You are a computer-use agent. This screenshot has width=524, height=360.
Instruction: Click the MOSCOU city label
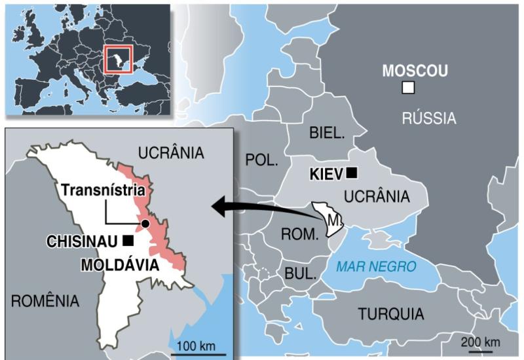coord(415,71)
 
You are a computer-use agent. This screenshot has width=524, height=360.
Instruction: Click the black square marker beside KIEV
coord(352,173)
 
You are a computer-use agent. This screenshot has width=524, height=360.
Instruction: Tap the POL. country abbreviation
coord(261,159)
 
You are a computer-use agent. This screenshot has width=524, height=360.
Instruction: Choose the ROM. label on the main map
coord(299,233)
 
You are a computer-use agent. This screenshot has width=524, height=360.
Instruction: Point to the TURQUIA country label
coord(390,314)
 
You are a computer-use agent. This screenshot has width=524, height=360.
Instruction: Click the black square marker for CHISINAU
coord(128,241)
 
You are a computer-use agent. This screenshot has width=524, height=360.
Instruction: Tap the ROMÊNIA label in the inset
coord(45,301)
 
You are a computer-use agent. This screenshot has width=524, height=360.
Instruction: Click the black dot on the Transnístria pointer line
coord(145,224)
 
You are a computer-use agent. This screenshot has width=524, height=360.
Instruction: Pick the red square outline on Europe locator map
coord(119,59)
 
